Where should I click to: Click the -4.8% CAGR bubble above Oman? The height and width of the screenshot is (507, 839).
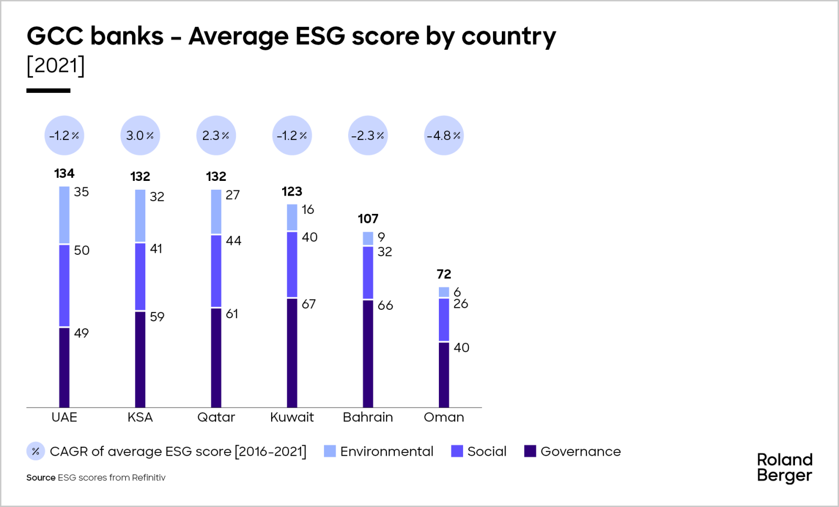444,135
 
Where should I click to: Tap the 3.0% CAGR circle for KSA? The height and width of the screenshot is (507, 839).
140,135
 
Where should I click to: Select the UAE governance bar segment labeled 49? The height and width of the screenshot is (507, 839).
64,367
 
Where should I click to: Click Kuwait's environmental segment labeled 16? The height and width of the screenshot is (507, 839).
292,217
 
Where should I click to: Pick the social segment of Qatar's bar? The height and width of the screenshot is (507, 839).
216,271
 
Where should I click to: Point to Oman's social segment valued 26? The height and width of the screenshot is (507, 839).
444,319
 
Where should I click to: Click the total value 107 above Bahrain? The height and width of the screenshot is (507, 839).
368,219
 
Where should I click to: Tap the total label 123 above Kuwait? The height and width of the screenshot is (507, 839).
292,191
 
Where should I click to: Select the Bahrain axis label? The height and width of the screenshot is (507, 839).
368,417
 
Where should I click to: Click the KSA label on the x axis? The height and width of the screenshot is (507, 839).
140,417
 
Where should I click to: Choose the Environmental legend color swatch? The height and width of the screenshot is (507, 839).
330,451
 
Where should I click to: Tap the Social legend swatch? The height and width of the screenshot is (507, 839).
457,451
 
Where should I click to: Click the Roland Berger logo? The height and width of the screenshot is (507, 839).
784,468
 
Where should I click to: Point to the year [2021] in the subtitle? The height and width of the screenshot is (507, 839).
56,66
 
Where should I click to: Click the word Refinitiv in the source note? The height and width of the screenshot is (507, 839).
148,478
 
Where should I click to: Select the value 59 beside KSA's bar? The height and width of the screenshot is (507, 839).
157,317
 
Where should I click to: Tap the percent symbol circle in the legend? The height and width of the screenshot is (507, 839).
36,451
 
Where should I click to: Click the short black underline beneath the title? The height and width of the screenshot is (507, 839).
48,91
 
